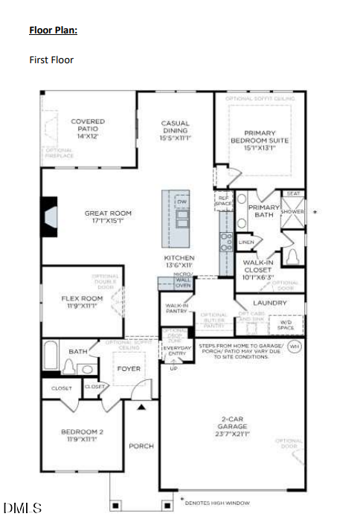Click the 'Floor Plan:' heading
(53, 30)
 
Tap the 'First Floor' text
(51, 59)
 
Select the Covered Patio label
(88, 129)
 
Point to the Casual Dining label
(176, 130)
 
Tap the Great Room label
(107, 217)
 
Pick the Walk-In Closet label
(258, 269)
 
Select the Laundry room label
(269, 303)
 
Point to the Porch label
(141, 446)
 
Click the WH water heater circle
(294, 347)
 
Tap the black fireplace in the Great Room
(49, 216)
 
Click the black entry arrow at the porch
(141, 407)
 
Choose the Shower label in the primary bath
(292, 212)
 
